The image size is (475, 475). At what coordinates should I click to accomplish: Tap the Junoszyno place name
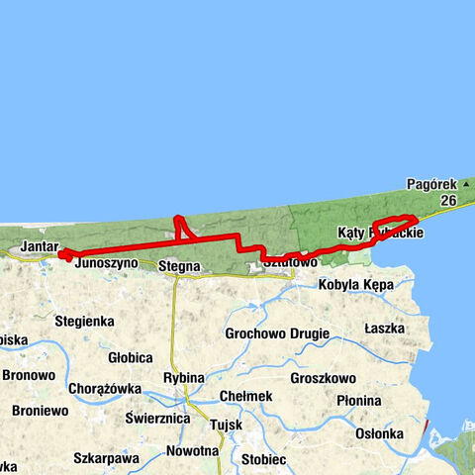[x=105, y=265]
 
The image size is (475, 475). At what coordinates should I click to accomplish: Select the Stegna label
[x=179, y=265]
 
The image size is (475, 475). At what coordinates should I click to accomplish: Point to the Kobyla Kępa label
[x=356, y=285]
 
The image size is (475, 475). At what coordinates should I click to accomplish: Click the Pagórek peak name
[x=431, y=184]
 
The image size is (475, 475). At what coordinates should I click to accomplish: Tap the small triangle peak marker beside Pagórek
[x=465, y=184]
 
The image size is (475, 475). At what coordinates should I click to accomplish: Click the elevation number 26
[x=448, y=200]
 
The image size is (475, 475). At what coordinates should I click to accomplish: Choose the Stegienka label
[x=85, y=322]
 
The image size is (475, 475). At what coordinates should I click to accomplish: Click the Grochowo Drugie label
[x=277, y=333]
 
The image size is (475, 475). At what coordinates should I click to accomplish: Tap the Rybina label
[x=184, y=378]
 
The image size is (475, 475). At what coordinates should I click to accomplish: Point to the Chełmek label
[x=246, y=396]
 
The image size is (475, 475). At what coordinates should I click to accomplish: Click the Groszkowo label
[x=324, y=378]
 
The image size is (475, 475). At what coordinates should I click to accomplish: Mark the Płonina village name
[x=357, y=401]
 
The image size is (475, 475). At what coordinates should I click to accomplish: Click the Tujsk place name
[x=226, y=426]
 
